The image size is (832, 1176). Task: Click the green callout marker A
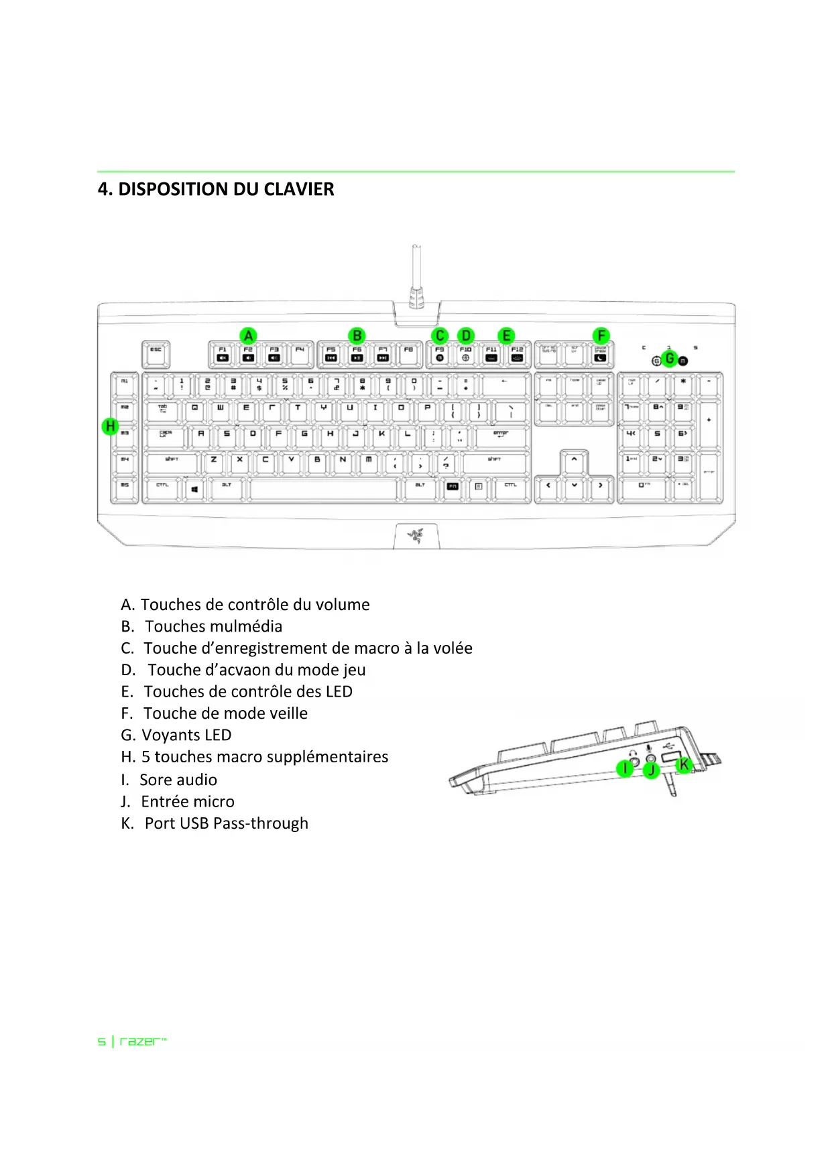click(x=248, y=335)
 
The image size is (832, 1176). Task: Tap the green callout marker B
click(x=357, y=335)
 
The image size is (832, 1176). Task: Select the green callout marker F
click(x=601, y=335)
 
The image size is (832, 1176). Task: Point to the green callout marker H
click(x=110, y=426)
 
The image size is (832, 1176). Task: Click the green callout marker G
click(x=669, y=359)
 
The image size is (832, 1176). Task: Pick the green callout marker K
click(x=683, y=764)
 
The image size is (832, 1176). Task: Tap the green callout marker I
click(x=625, y=768)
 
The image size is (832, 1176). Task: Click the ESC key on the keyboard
click(x=156, y=353)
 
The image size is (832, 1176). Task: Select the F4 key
click(x=300, y=353)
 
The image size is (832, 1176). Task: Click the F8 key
click(x=408, y=353)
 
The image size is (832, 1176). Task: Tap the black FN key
click(x=453, y=487)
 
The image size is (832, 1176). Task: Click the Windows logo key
click(x=194, y=489)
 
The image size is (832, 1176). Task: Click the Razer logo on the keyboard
click(x=416, y=535)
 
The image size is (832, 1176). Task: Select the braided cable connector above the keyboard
click(x=416, y=295)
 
